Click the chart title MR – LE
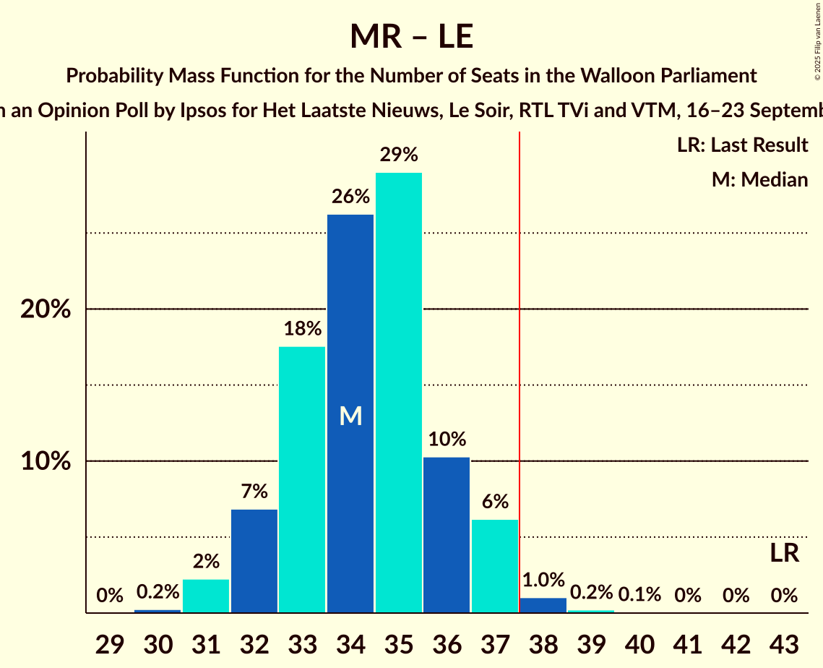(x=411, y=36)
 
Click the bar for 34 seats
(x=350, y=325)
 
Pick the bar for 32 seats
(x=254, y=561)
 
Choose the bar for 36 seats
(x=447, y=535)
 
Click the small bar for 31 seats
(x=206, y=596)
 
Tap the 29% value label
(x=399, y=155)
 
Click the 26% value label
(x=350, y=197)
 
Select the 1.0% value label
(x=543, y=580)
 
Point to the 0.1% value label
(x=639, y=595)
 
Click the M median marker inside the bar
(x=350, y=416)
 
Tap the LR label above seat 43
(x=784, y=554)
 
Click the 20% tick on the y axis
(x=45, y=309)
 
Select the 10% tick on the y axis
(x=45, y=461)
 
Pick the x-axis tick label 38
(x=543, y=643)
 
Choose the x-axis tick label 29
(x=110, y=643)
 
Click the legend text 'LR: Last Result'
(x=742, y=145)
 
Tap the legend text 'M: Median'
(x=759, y=179)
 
